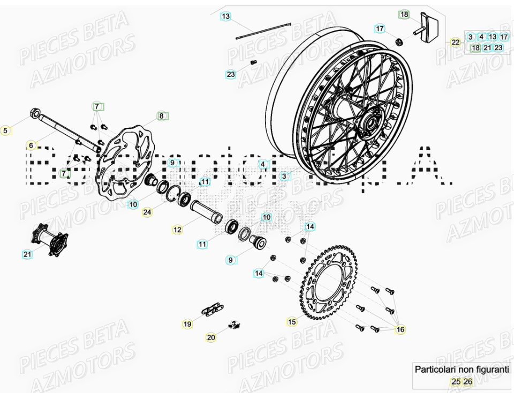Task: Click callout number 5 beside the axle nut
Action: tap(6, 130)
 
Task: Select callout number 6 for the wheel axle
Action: tap(31, 145)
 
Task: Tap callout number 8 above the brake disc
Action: tap(162, 116)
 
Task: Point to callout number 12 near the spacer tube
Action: tap(178, 230)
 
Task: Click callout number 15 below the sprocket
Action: tap(292, 322)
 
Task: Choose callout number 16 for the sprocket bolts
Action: tap(400, 329)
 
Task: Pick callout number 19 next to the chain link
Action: tap(187, 323)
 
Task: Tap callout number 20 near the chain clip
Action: tap(211, 337)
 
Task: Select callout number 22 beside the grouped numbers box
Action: tap(455, 42)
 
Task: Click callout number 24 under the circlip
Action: tap(147, 212)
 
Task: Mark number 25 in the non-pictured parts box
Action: tap(456, 381)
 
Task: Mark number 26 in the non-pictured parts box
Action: tap(468, 381)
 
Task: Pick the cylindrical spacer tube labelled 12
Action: tap(206, 211)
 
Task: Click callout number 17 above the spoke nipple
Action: tap(380, 28)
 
